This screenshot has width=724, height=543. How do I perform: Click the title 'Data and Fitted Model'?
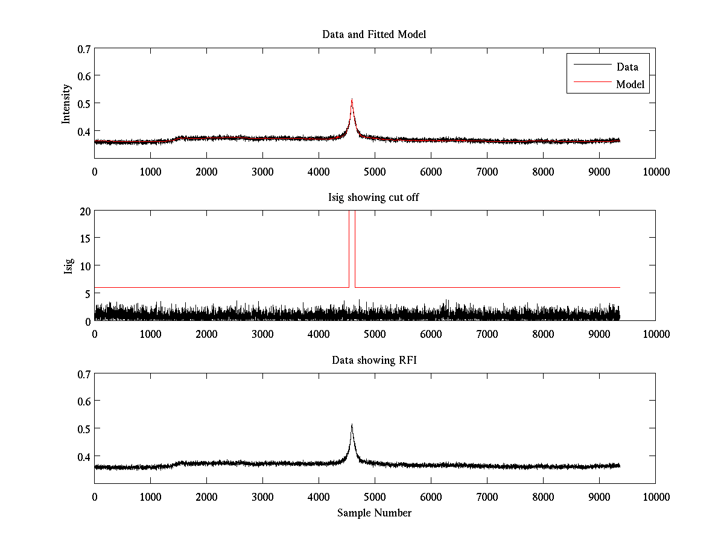point(374,34)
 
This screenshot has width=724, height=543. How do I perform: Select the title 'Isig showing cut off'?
point(374,197)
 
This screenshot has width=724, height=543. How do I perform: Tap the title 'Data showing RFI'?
point(374,360)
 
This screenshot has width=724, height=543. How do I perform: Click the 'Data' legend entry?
point(627,66)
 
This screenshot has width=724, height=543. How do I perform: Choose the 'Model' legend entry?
point(630,84)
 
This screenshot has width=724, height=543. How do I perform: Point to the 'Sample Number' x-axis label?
point(374,513)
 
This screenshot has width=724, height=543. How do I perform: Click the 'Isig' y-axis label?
point(69,265)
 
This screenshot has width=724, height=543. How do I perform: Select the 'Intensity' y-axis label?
point(67,103)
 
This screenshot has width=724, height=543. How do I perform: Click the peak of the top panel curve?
point(352,100)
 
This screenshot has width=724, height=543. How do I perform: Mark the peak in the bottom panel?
point(352,425)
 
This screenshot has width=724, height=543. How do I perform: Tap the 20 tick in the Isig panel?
point(84,211)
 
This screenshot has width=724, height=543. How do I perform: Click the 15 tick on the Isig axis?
point(84,238)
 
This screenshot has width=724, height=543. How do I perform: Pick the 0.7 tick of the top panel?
point(84,48)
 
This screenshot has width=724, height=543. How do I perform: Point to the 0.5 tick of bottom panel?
point(84,428)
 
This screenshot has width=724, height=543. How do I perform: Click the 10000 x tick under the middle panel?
point(655,334)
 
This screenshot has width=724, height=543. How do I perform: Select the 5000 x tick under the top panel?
point(375,171)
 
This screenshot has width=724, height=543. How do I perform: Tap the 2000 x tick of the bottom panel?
point(206,497)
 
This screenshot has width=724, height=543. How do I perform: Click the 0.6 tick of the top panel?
point(84,75)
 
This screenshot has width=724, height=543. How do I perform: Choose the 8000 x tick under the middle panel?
point(543,334)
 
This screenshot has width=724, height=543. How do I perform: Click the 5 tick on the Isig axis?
point(86,293)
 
